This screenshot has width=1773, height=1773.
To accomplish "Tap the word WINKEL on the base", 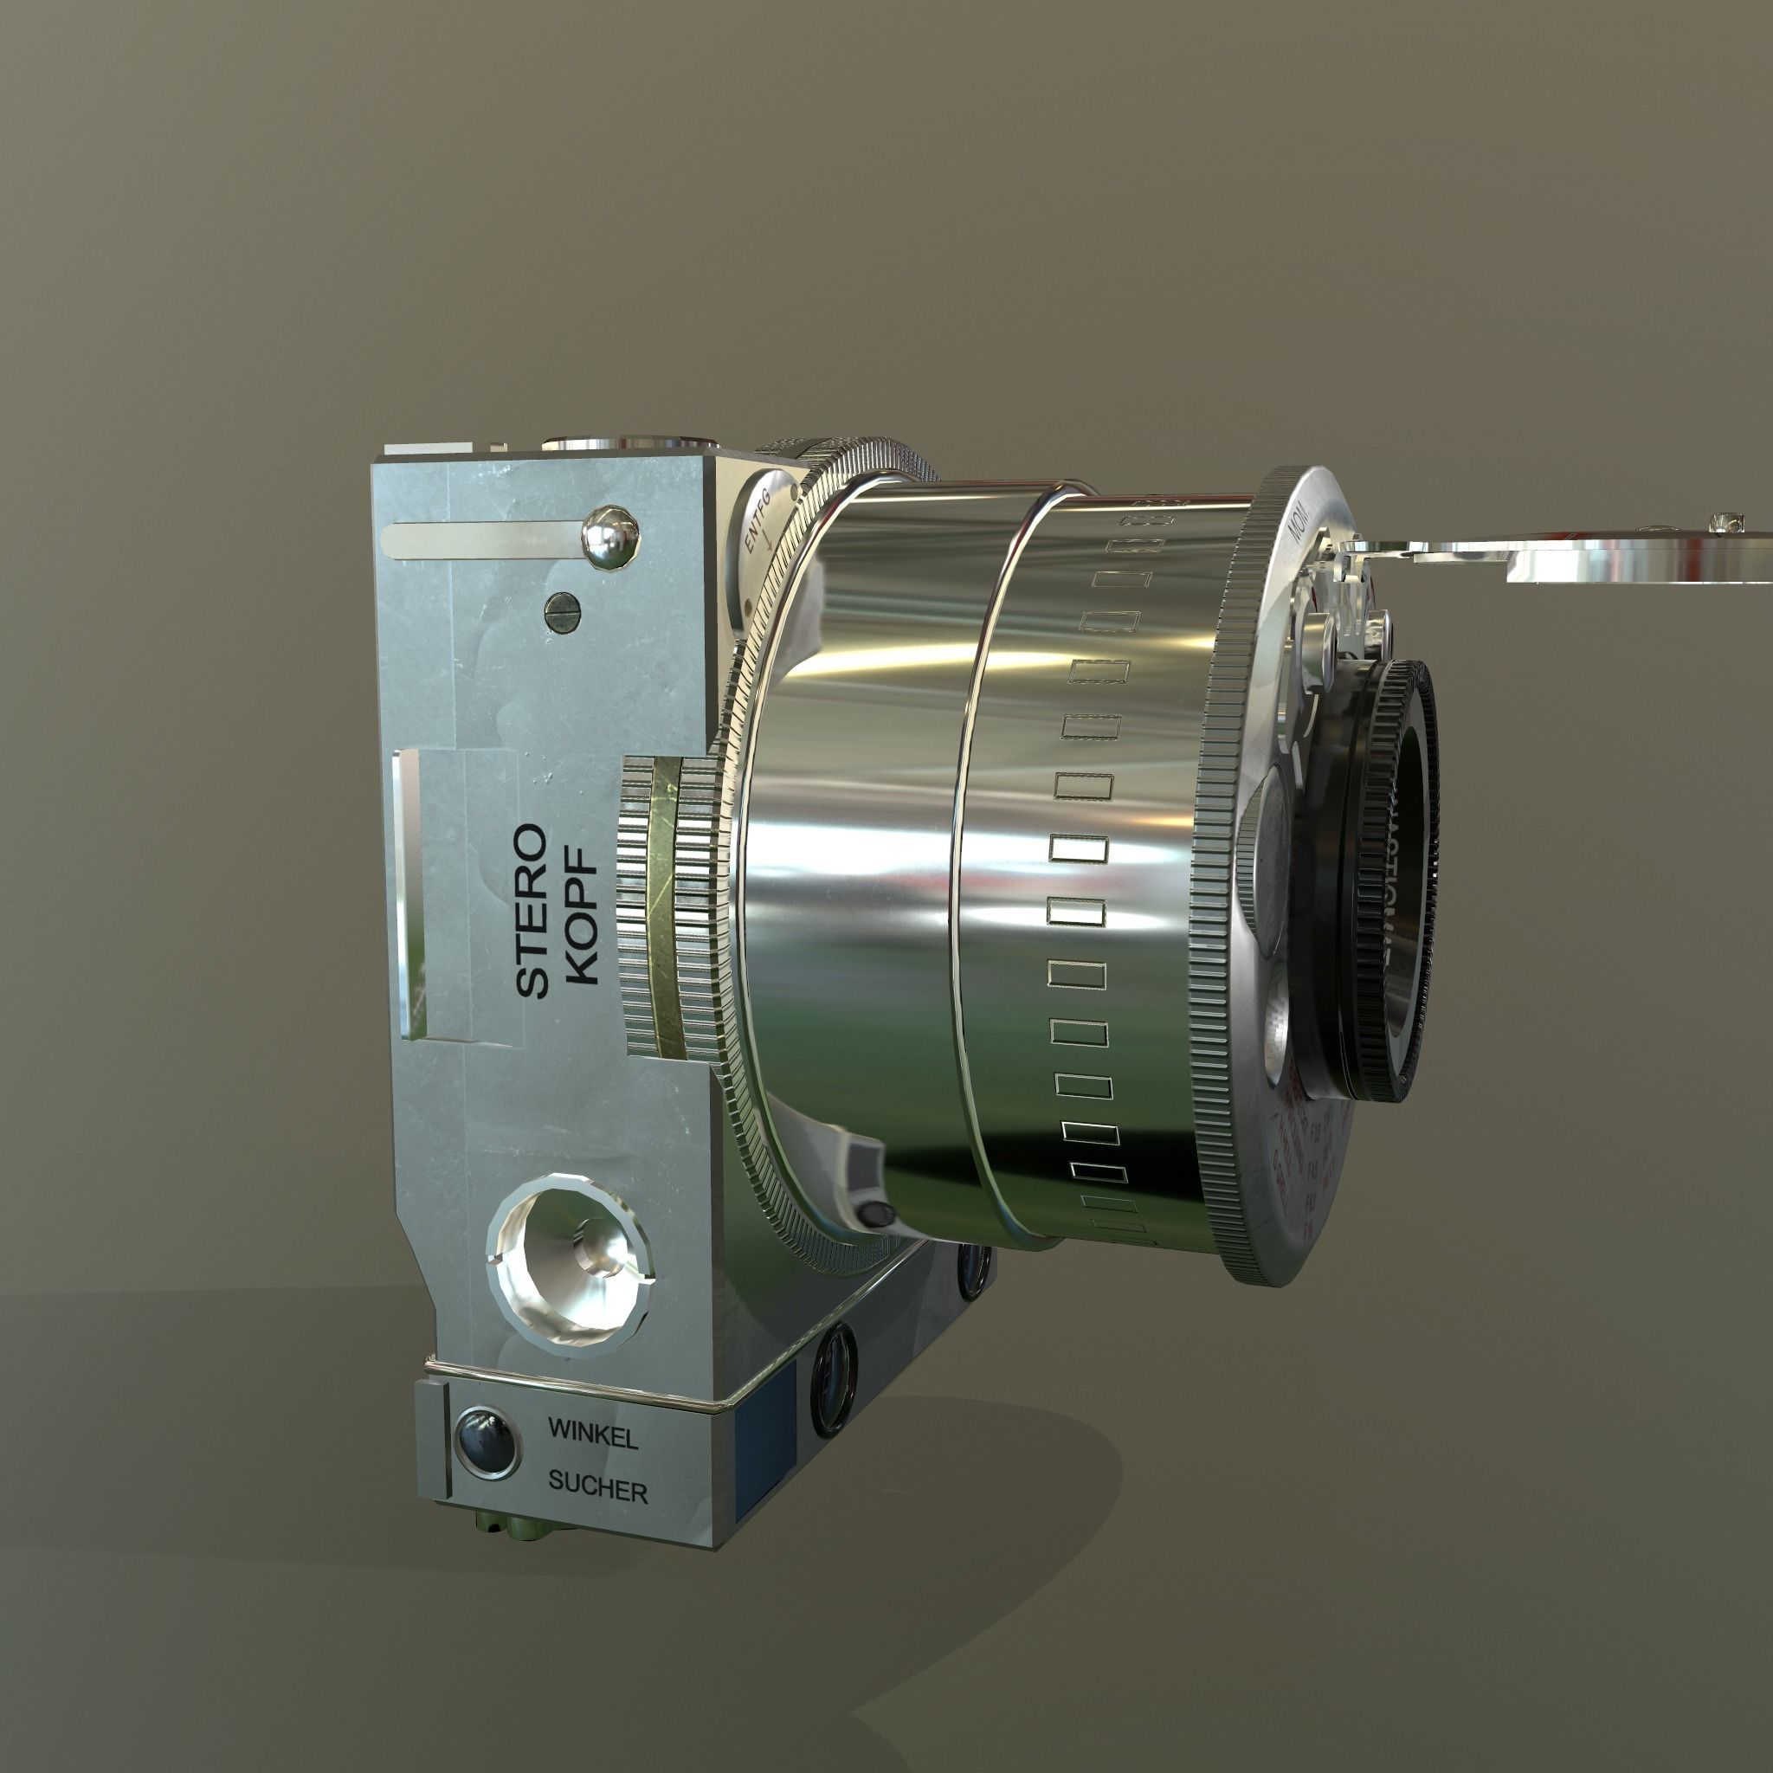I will (592, 1434).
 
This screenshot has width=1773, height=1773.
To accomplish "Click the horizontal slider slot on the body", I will (487, 539).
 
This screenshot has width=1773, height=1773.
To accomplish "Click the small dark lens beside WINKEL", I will (487, 1441).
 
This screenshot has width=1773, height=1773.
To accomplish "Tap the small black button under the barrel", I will (876, 1213).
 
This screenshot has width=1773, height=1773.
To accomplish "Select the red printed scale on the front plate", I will (1303, 1138).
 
